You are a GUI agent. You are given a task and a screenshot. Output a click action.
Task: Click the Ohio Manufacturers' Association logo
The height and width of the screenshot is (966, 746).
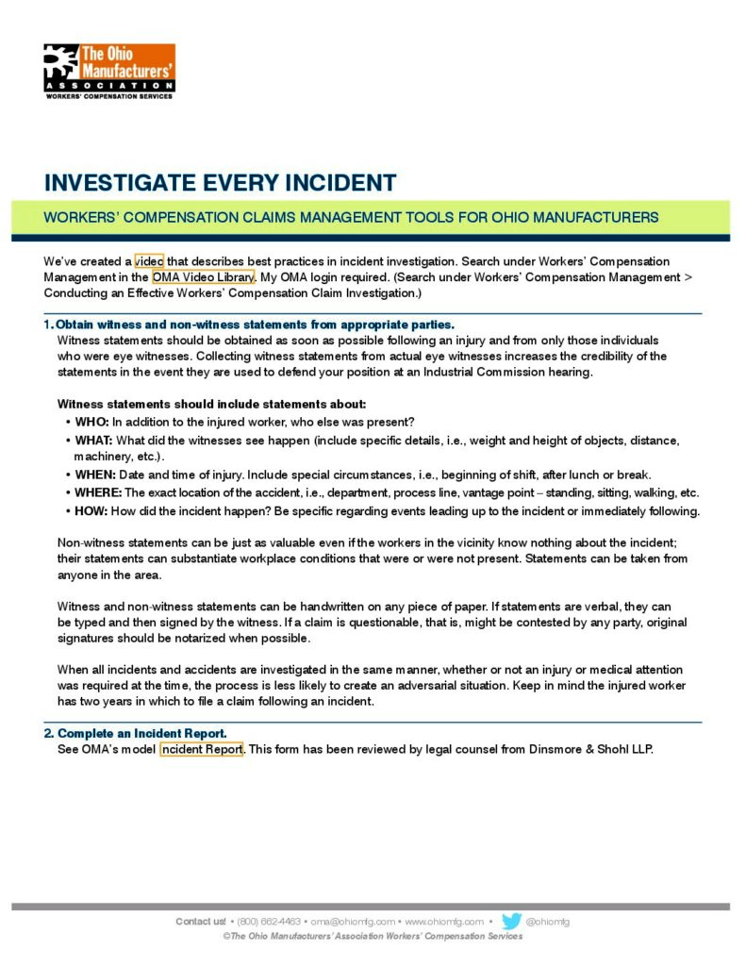[109, 71]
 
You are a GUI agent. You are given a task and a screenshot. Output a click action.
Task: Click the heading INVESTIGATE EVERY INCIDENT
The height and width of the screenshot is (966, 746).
[220, 182]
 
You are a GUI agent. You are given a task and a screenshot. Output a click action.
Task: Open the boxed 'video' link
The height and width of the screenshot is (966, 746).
[149, 260]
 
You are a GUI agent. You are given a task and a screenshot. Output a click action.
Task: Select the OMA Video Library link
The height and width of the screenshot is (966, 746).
[203, 277]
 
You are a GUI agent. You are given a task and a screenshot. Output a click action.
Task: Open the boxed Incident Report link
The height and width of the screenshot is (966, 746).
[203, 750]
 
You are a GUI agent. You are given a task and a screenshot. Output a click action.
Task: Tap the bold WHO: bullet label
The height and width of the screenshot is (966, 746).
[92, 421]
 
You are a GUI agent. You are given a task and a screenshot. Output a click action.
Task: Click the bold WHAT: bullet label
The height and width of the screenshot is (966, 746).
[94, 441]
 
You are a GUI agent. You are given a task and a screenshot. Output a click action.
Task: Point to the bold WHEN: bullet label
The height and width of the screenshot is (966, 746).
[94, 475]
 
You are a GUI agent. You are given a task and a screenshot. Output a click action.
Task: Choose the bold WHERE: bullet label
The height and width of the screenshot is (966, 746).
[98, 492]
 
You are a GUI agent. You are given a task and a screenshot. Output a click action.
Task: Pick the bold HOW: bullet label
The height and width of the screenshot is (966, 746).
[91, 511]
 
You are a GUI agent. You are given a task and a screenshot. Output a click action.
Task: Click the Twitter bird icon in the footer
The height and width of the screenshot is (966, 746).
[512, 921]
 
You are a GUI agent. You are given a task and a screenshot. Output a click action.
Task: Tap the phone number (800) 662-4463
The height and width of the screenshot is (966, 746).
[269, 922]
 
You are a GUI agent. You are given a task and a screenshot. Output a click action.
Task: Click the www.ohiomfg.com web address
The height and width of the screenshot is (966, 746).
[444, 922]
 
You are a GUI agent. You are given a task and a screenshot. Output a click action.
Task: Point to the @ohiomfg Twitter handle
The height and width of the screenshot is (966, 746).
[548, 922]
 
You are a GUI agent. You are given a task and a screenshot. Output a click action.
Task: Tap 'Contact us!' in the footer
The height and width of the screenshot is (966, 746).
[201, 922]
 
